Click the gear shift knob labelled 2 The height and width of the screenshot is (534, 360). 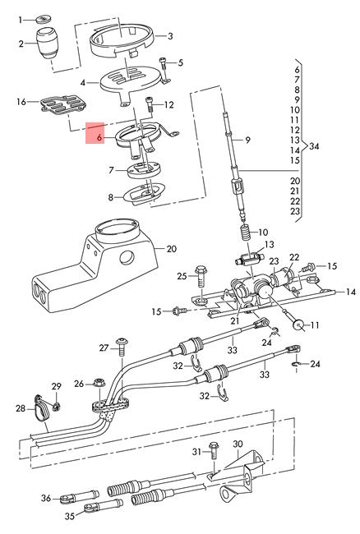(x=47, y=44)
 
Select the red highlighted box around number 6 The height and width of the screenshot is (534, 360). (x=95, y=133)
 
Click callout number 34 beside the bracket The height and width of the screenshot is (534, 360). (x=314, y=146)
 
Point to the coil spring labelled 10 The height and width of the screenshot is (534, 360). (x=246, y=233)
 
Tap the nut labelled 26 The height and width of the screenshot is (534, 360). (x=99, y=383)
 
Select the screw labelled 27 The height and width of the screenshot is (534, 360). (x=122, y=347)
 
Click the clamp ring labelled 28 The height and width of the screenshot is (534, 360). (x=41, y=408)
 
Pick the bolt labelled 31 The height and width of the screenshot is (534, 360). (x=215, y=451)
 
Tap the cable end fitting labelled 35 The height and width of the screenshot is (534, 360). (x=104, y=506)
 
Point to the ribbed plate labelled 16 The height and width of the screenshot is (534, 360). (x=63, y=104)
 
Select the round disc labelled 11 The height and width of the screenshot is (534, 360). (x=299, y=325)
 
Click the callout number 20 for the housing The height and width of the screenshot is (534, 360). (x=171, y=249)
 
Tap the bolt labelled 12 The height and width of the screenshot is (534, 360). (x=150, y=104)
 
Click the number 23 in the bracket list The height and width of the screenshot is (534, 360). (x=295, y=211)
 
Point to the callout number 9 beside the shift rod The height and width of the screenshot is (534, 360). (x=247, y=140)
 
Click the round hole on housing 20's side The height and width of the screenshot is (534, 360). (x=127, y=258)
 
